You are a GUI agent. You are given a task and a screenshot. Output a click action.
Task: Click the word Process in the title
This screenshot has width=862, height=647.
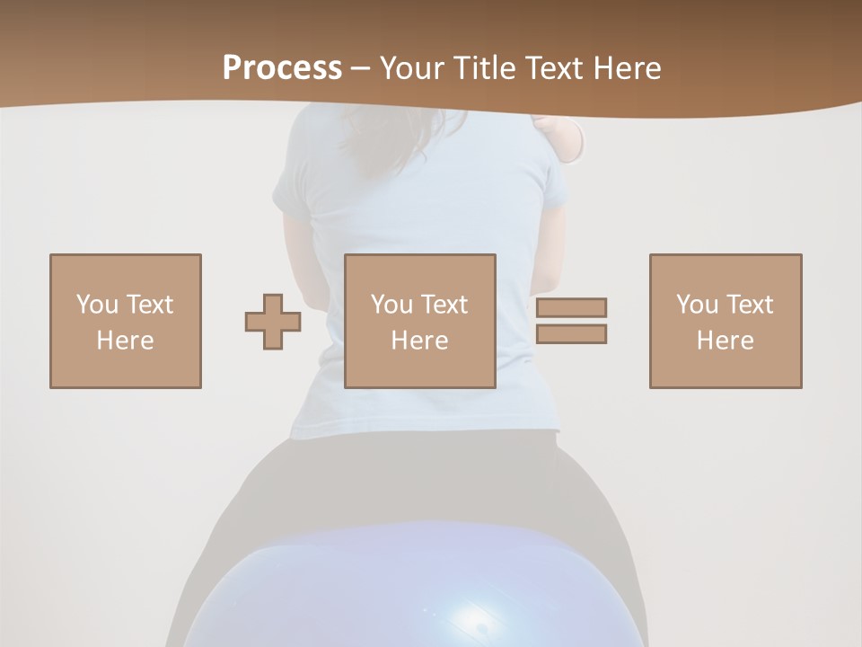click(282, 68)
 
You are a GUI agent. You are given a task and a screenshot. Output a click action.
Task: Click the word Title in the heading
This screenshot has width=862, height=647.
click(487, 68)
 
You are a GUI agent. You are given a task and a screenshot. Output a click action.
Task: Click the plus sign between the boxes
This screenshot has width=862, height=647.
click(273, 322)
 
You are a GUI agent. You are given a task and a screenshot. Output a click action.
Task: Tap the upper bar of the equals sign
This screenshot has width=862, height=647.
click(571, 307)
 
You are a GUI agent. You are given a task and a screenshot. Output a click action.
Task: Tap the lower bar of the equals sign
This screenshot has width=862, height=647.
click(571, 334)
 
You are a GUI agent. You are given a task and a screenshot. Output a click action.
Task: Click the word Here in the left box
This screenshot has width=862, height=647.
click(125, 341)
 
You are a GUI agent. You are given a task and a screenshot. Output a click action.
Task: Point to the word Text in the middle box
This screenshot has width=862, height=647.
click(444, 305)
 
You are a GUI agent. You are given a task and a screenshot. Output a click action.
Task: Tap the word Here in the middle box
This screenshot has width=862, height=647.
click(419, 341)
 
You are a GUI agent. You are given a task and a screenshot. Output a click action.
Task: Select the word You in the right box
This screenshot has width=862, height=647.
click(697, 305)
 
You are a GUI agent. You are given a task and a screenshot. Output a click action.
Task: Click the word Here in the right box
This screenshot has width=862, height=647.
click(725, 341)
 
